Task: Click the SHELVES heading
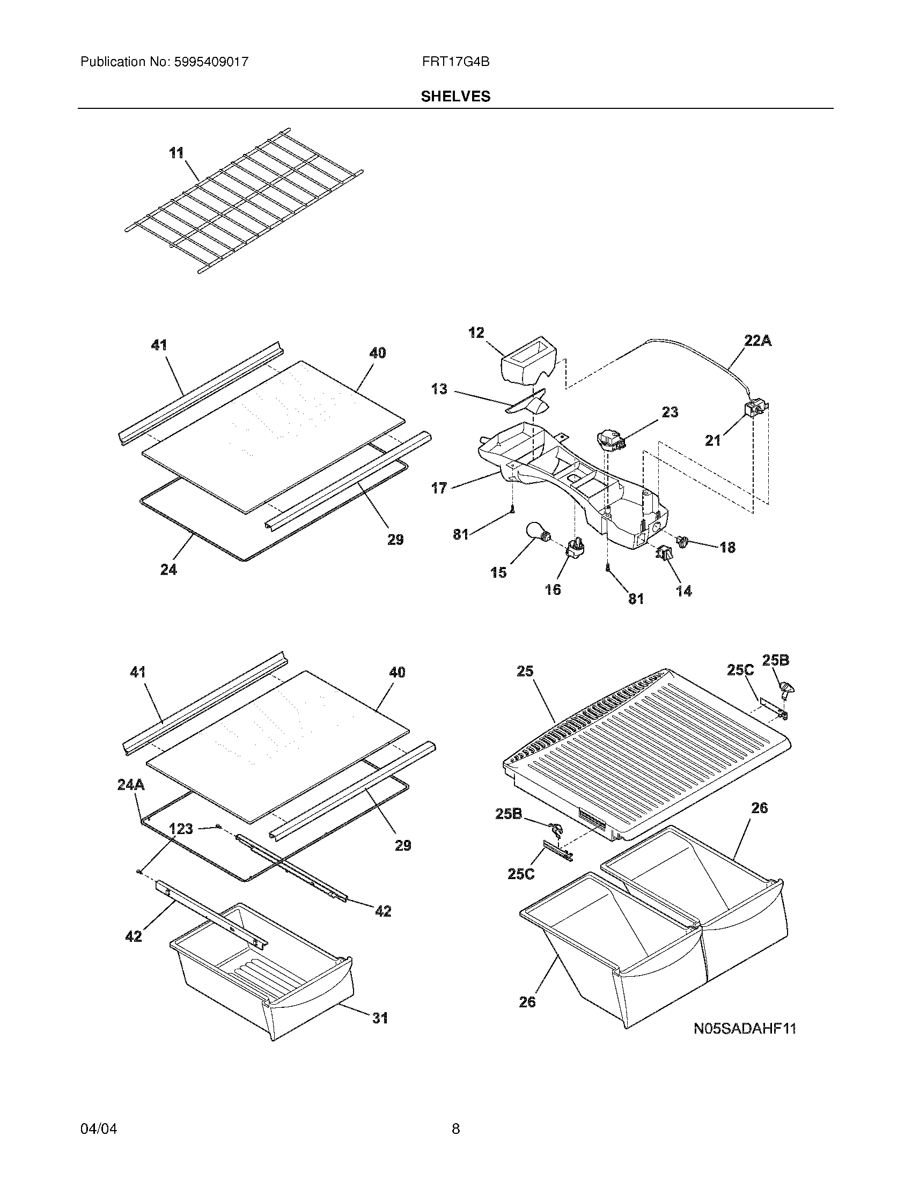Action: coord(455,97)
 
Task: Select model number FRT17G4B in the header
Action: coord(455,62)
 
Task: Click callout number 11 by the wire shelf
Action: coord(176,153)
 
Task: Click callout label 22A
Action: coord(758,341)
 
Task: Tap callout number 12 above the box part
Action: coord(476,333)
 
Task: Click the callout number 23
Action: coord(670,412)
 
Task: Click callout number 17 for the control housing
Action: coord(439,488)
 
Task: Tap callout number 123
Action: coord(181,829)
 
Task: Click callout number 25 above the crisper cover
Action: coord(525,671)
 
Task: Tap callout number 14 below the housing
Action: coord(683,591)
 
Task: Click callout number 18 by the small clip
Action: coord(728,547)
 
